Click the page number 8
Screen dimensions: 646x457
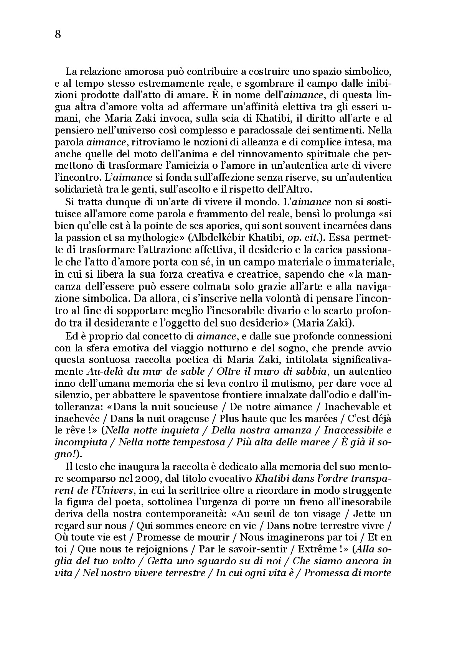point(58,35)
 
